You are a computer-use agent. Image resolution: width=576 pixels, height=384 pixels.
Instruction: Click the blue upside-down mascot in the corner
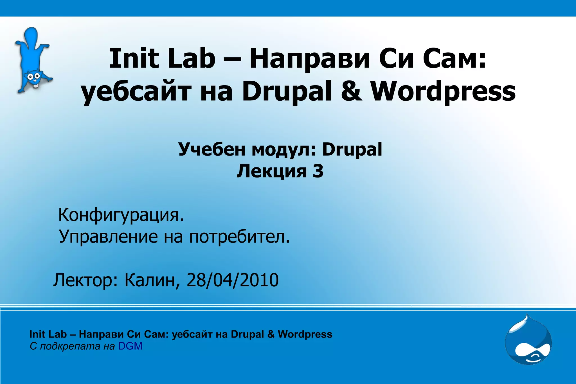pos(33,60)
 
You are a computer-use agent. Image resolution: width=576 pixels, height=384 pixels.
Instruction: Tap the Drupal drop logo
pos(528,341)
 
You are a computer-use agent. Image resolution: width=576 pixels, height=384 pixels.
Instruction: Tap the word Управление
pos(109,237)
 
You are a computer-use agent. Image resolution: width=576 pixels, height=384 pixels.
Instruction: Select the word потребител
pos(239,237)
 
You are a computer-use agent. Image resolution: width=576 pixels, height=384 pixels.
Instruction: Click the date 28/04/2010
pos(233,280)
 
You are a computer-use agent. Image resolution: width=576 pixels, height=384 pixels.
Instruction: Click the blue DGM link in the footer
pos(130,346)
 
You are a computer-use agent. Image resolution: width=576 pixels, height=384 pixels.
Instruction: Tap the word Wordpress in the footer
pos(305,334)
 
